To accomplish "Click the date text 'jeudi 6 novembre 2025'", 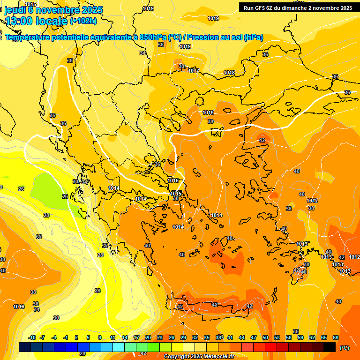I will (x=53, y=10).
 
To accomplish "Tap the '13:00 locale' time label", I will (x=36, y=21).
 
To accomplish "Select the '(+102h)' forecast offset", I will (x=83, y=21).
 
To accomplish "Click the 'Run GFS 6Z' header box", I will (x=297, y=7).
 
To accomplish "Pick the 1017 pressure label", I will (x=194, y=71).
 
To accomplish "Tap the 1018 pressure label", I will (x=229, y=73).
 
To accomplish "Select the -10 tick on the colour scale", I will (x=32, y=337).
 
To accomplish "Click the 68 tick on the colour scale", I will (x=336, y=337).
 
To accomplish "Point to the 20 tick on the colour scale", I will (x=148, y=337).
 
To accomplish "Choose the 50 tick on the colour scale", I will (x=265, y=337).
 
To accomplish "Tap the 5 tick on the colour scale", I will (x=88, y=337).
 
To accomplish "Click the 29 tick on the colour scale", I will (x=183, y=337).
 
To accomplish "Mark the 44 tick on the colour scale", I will (x=242, y=337).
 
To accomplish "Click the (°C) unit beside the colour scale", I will (x=345, y=348).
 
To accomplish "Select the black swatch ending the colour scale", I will (x=330, y=347).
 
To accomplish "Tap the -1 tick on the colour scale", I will (x=66, y=337).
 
